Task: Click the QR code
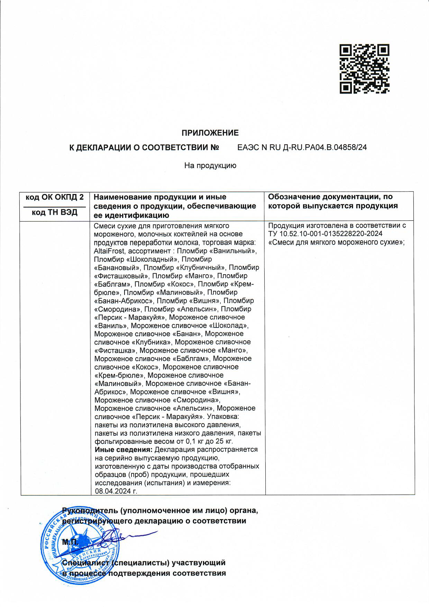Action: [x=364, y=68]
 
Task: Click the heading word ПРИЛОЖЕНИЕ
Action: [x=210, y=133]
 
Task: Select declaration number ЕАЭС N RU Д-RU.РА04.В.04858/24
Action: [x=302, y=147]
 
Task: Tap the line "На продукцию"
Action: [x=210, y=166]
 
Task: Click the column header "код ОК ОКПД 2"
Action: [x=55, y=197]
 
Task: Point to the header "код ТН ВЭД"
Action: [x=55, y=212]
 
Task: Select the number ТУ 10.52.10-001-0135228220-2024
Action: [x=325, y=234]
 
